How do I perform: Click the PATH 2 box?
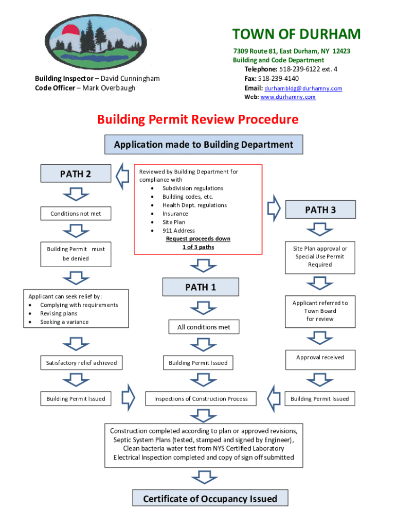click(x=76, y=173)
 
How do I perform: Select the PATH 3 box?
click(x=320, y=209)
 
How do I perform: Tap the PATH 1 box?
click(x=201, y=287)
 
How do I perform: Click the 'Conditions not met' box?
click(x=76, y=214)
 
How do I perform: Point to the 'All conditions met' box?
click(x=204, y=327)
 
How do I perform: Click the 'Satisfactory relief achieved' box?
click(x=81, y=363)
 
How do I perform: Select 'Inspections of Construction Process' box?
click(x=201, y=398)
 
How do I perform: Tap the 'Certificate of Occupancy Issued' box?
click(x=210, y=498)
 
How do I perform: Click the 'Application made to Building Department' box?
click(x=204, y=145)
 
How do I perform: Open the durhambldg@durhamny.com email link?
click(x=303, y=88)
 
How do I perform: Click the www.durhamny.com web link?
click(x=288, y=97)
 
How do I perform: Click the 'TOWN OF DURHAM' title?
click(x=296, y=34)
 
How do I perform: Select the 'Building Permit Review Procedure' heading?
click(x=198, y=119)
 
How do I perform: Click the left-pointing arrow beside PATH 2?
click(x=122, y=176)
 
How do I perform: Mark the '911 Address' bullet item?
click(x=178, y=231)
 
